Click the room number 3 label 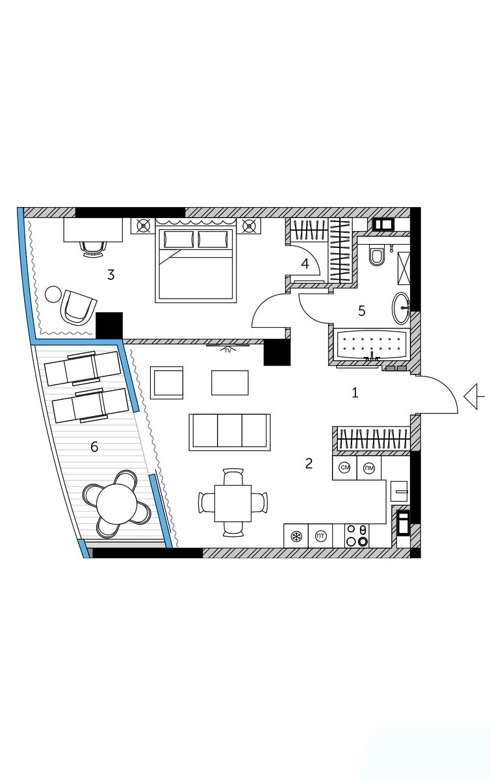click(110, 275)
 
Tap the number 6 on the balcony click(94, 447)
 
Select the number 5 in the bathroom click(362, 310)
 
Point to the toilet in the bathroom click(376, 255)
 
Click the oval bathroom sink click(401, 308)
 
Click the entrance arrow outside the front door click(474, 396)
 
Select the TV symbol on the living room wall click(227, 349)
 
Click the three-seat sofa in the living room click(229, 432)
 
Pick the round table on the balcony click(116, 504)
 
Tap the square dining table click(233, 503)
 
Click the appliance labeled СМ click(345, 468)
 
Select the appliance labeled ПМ click(369, 468)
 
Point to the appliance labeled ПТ click(320, 536)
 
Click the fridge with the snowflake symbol click(296, 536)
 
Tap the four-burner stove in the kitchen click(357, 536)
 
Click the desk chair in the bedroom click(93, 249)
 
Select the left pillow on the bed click(178, 240)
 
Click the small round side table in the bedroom click(53, 294)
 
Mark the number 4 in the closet click(305, 264)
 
